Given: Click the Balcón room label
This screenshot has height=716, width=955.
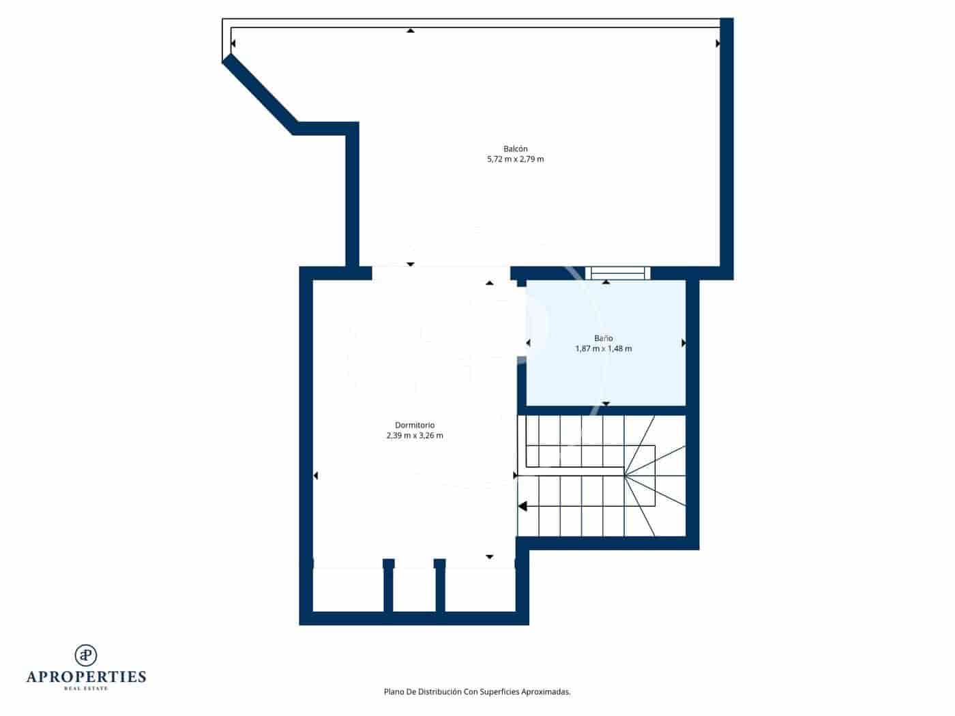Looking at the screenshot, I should [515, 149].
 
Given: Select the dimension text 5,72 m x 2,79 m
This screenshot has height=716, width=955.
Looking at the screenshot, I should [515, 160].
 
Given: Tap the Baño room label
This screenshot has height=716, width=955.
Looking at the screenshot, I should [603, 338].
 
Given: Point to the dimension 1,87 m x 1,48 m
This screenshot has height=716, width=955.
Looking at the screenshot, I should [603, 348].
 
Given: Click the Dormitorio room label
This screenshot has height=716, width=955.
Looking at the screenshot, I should [415, 426].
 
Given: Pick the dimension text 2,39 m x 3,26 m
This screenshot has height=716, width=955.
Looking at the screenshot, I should [415, 436].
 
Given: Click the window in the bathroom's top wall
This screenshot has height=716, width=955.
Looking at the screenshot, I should [617, 273].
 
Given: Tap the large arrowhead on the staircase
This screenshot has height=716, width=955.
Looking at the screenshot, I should [523, 506].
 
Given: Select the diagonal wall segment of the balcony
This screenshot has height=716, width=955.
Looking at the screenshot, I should [259, 94].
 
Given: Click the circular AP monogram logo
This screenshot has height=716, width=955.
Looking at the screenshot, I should [86, 655].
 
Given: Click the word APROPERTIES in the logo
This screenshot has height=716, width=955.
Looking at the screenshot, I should [86, 677].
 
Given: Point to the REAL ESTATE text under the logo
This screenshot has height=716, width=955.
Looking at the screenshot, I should [86, 689].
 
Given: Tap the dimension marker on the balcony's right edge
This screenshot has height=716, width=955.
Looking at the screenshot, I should [718, 44].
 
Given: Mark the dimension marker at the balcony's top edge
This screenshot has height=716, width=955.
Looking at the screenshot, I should [410, 31].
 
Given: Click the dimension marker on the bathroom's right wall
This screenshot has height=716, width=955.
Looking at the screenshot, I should [683, 343].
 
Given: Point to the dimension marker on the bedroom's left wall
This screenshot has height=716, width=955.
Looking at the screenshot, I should [315, 475].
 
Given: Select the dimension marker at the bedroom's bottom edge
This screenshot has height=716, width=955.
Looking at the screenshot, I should [489, 557].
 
